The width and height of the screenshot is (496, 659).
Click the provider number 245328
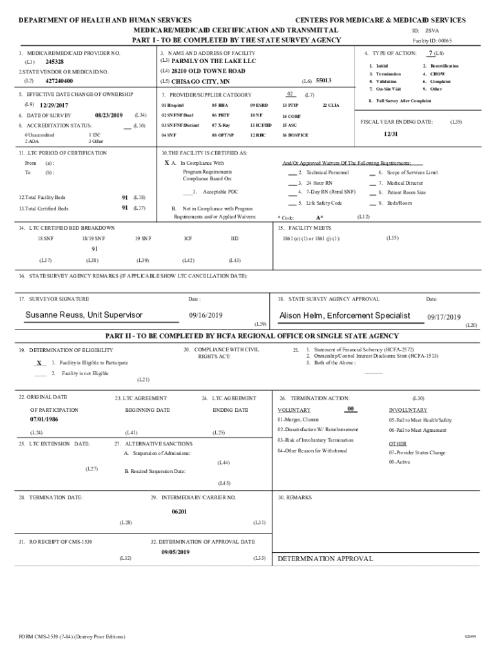(x=54, y=62)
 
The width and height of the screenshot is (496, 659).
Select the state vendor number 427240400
(x=59, y=82)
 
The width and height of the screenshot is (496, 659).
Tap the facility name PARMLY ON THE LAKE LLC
(x=205, y=60)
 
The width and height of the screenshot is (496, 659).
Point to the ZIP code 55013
(x=323, y=80)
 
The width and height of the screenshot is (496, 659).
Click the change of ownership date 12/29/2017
(x=55, y=105)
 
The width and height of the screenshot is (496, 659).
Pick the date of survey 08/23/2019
(x=108, y=115)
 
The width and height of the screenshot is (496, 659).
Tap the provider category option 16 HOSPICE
(x=295, y=136)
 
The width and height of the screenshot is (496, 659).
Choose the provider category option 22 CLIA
(x=331, y=104)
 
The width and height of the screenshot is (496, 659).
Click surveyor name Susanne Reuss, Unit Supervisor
(x=84, y=315)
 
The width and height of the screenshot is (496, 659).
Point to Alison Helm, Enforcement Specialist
(x=345, y=315)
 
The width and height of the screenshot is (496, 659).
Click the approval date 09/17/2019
(x=444, y=317)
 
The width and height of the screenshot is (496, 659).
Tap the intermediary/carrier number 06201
(x=179, y=511)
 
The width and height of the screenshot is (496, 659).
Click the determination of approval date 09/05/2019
(x=175, y=552)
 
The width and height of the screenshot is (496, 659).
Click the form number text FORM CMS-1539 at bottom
(x=72, y=636)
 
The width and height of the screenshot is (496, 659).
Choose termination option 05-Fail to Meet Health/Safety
(x=420, y=420)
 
